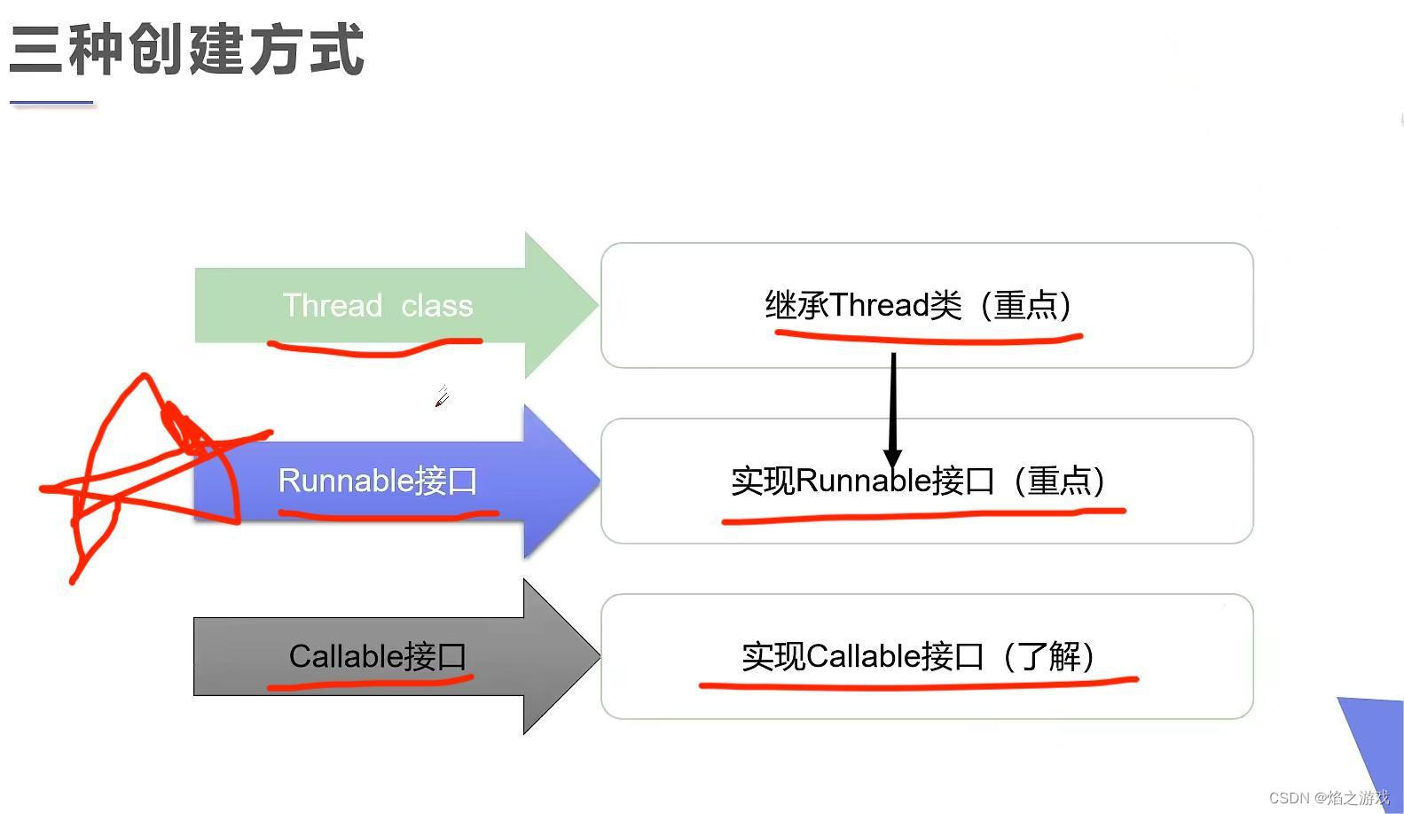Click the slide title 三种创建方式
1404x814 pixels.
186,50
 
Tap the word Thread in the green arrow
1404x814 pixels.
332,306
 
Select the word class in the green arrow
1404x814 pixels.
436,306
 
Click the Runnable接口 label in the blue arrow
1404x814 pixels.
378,481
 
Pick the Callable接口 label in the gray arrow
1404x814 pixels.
378,656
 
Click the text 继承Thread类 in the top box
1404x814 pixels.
863,305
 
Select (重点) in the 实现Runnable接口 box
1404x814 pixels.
1060,481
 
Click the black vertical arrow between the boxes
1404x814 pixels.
893,403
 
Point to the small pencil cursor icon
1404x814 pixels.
442,397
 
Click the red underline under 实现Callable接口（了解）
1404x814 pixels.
918,684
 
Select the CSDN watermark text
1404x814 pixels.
1329,798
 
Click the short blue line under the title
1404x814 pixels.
51,104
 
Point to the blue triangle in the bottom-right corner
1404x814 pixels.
1375,736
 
